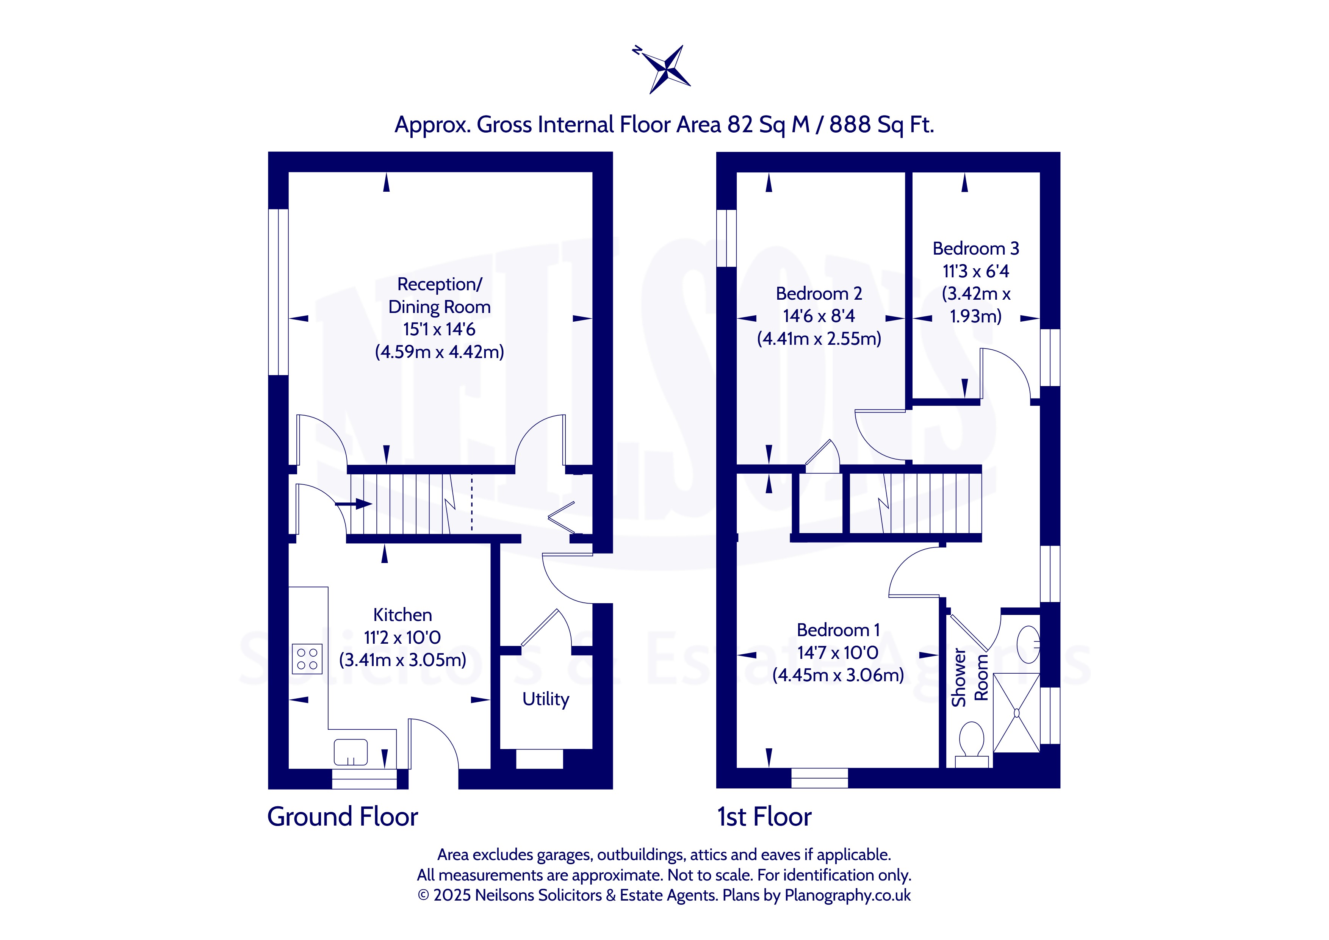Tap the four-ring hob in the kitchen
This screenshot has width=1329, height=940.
point(307,659)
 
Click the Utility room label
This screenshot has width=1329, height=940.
point(546,699)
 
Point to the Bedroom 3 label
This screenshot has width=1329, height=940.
point(976,248)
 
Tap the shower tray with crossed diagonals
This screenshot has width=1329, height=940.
point(1016,713)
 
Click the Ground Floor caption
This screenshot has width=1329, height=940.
point(343,817)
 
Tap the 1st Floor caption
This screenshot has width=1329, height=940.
point(764,817)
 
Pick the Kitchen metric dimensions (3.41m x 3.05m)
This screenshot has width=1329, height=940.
point(403,660)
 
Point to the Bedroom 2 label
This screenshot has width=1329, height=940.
point(819,294)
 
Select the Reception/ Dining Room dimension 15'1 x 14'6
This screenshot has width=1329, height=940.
point(439,329)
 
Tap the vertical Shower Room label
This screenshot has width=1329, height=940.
point(969,677)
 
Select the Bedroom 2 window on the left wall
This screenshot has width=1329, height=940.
point(726,238)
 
